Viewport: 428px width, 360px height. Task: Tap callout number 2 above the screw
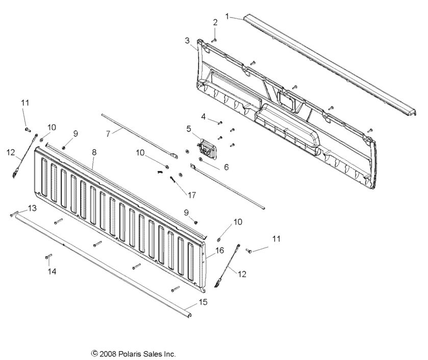[x=215, y=22]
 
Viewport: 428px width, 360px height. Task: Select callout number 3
[x=187, y=40]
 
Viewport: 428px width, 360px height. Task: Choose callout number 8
[x=94, y=152]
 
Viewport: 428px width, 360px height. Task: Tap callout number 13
[x=32, y=208]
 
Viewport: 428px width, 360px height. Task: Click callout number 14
[x=50, y=272]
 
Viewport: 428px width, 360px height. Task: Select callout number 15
[x=203, y=302]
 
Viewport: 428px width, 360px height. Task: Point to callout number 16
[x=220, y=250]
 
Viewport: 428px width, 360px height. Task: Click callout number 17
[x=192, y=195]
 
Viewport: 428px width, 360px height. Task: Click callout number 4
[x=203, y=117]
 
